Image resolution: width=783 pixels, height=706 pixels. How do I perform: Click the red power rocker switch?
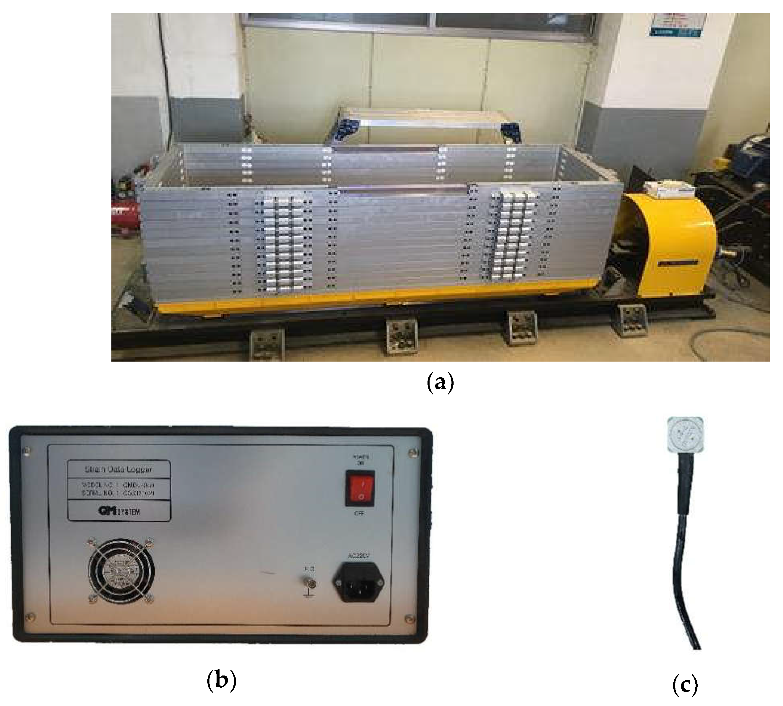360,488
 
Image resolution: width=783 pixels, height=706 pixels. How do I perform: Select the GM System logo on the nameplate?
119,511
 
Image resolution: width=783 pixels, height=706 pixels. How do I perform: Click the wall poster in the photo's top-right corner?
677,25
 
